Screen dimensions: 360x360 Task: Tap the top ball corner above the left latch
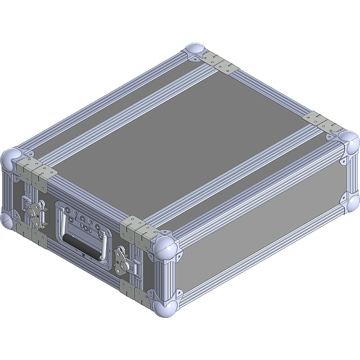coord(10,159)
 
